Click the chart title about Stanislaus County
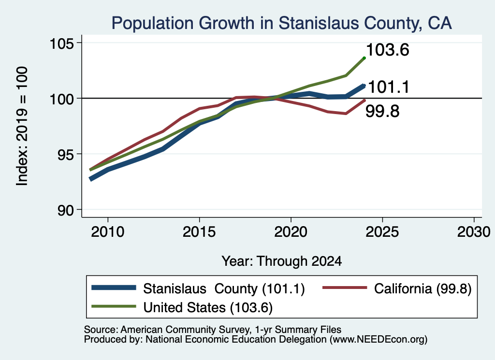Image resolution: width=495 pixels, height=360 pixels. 282,23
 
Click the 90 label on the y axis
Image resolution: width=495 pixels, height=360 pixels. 65,210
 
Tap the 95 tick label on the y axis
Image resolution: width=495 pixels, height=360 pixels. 65,154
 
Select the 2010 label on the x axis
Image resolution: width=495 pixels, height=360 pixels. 108,232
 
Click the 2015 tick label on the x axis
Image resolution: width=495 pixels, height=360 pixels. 199,232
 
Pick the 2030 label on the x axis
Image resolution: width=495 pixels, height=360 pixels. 474,232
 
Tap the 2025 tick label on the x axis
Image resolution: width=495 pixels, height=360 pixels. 382,232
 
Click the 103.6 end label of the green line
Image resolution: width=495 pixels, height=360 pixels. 388,50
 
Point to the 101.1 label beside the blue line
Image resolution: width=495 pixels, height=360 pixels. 389,87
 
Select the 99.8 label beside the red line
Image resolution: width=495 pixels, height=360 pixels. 382,111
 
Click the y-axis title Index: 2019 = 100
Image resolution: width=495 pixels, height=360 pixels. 22,126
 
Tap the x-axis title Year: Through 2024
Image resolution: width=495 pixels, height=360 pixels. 282,261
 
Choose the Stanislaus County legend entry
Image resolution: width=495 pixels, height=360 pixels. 198,288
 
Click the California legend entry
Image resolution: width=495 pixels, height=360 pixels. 397,288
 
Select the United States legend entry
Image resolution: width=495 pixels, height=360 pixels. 182,307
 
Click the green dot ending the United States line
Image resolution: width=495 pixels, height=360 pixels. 364,58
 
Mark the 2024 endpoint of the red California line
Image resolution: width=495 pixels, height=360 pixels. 364,101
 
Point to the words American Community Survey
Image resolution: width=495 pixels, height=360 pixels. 185,330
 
